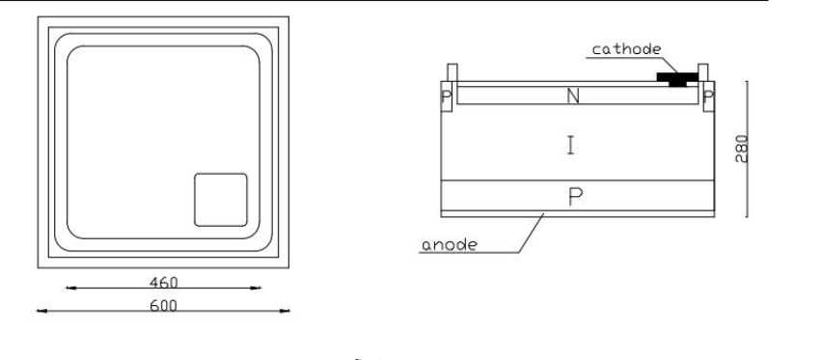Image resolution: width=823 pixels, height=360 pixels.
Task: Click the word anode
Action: (x=448, y=244)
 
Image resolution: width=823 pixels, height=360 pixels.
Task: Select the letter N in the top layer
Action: (x=572, y=96)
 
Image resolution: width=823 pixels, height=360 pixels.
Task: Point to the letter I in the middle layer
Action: (x=571, y=145)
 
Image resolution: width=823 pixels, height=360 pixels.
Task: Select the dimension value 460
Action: (x=164, y=283)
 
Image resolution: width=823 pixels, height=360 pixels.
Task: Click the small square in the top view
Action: (x=221, y=199)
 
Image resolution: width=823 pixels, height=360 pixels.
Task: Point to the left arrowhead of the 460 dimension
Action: (x=70, y=287)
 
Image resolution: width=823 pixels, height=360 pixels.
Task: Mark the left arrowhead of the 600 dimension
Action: (x=41, y=311)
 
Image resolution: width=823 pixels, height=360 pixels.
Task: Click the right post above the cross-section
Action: (x=704, y=73)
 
